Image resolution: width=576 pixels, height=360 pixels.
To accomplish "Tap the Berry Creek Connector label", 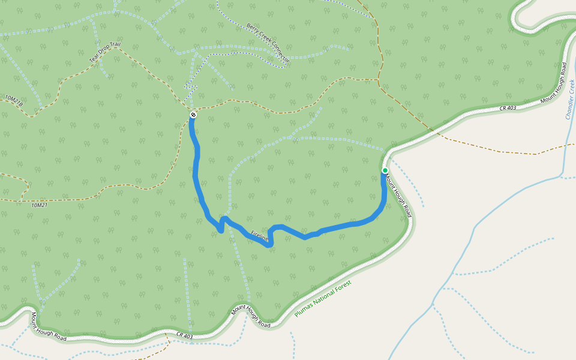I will point(268,43).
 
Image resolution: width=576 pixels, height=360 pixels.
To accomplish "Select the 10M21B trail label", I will point(14,100).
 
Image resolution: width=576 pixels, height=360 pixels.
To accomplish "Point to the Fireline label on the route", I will point(260,236).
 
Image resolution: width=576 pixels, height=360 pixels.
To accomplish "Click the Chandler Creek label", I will point(570,99).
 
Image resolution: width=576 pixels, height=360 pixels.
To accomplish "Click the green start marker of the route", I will point(385,170).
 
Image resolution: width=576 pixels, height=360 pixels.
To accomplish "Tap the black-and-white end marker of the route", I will point(193,114).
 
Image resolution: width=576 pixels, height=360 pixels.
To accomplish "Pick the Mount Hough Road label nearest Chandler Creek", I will point(553,84).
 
